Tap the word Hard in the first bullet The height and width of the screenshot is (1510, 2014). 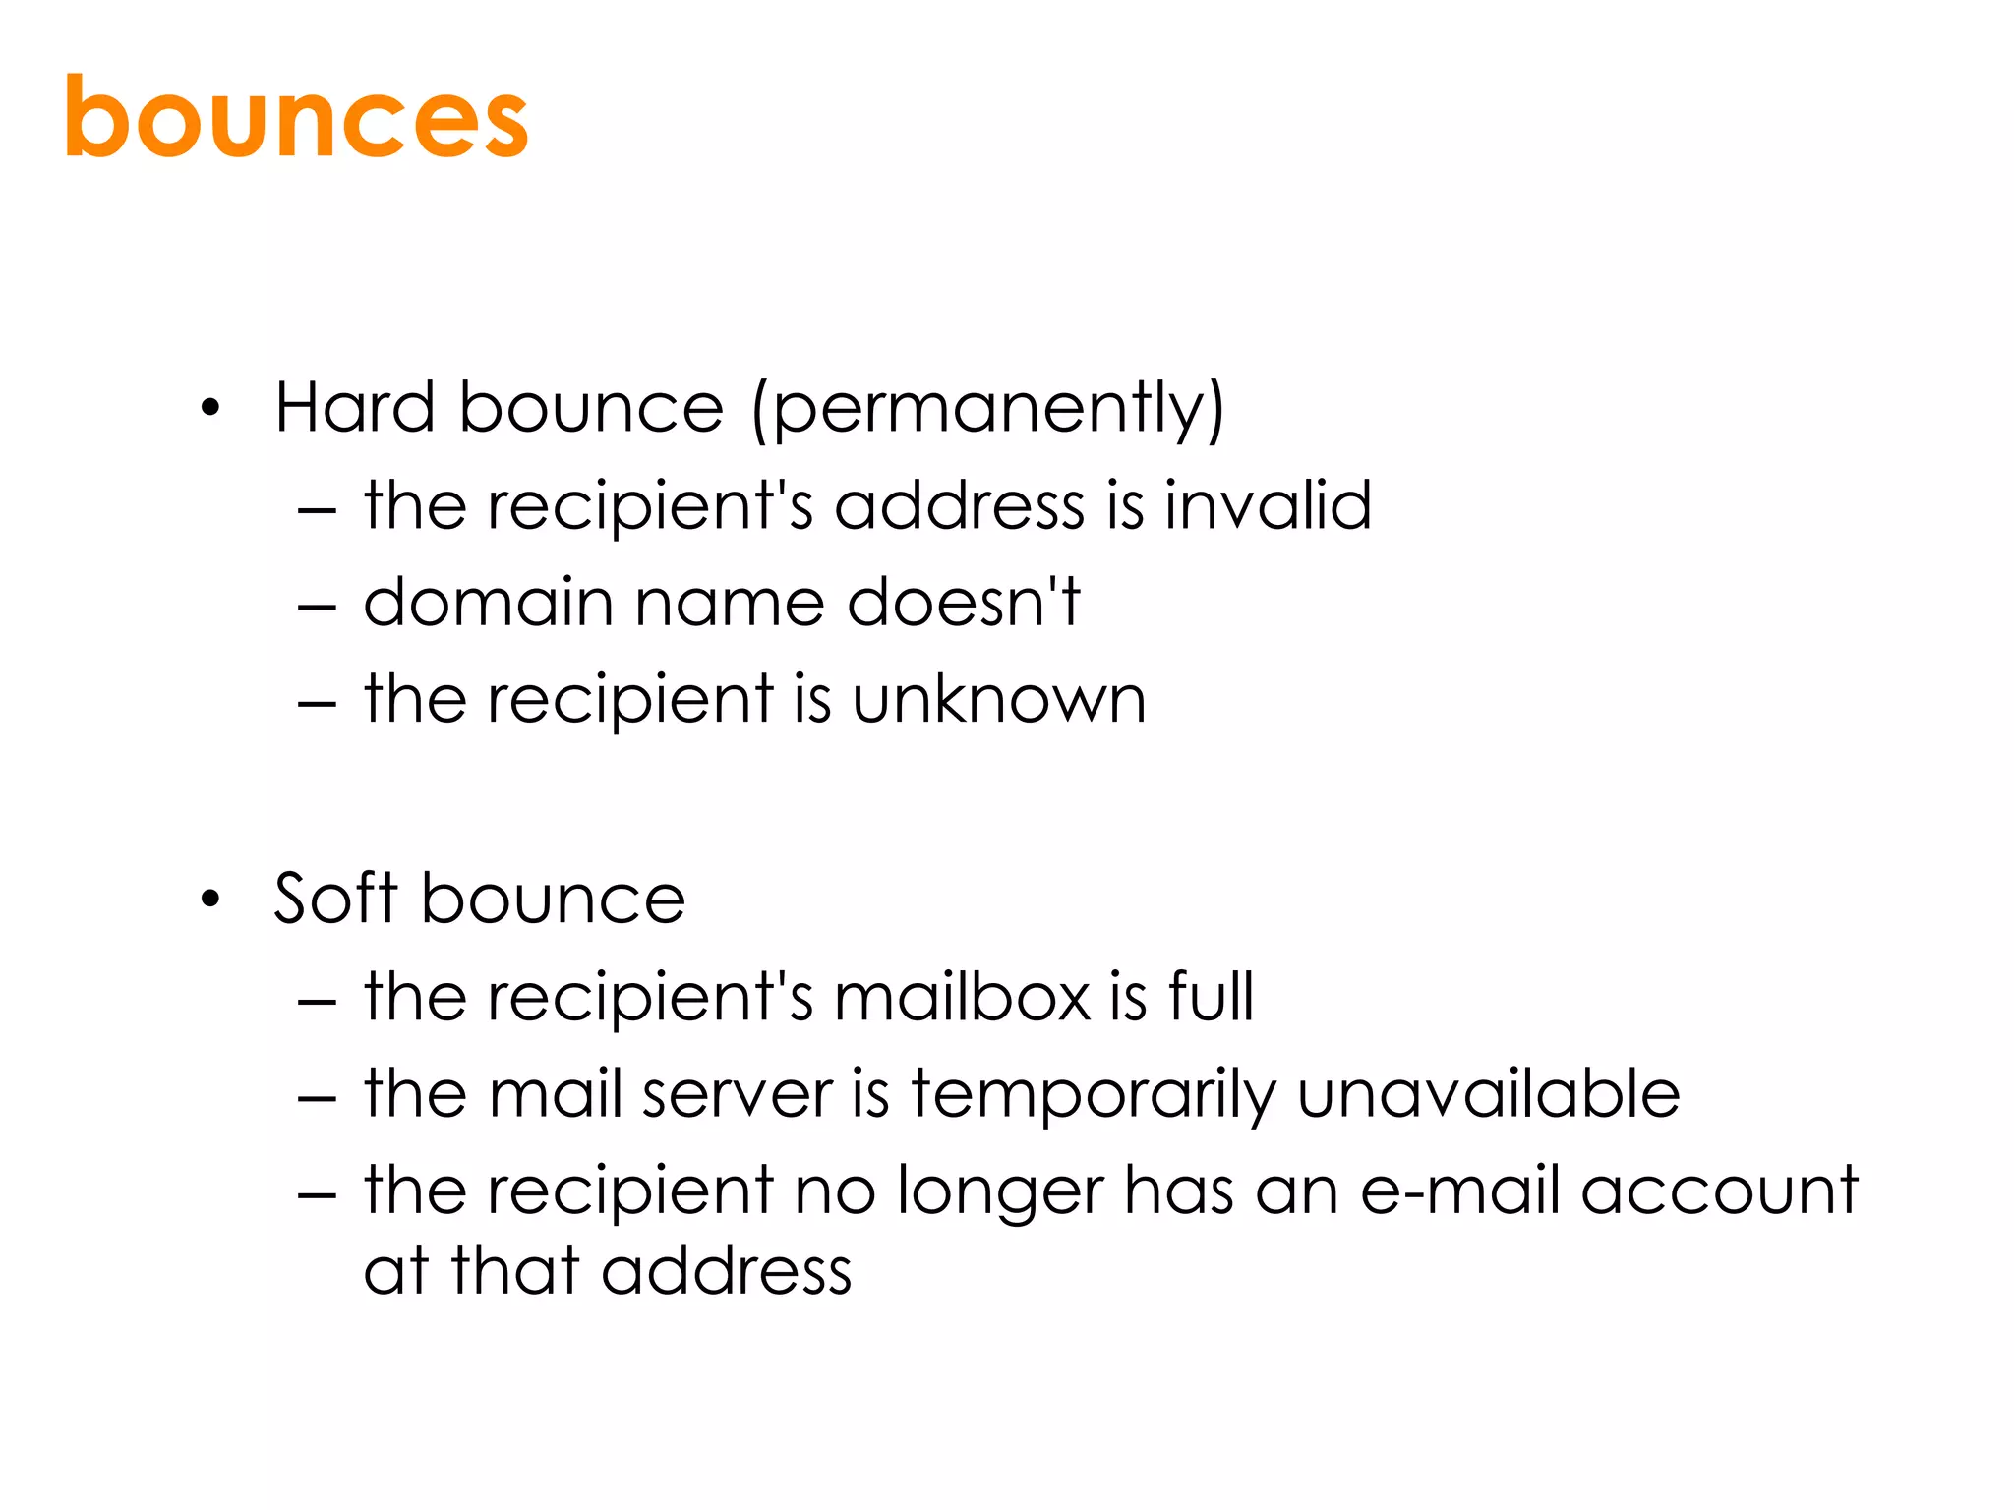pyautogui.click(x=354, y=407)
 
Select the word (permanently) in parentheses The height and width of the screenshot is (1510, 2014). pyautogui.click(x=988, y=409)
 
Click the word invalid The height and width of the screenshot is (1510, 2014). pyautogui.click(x=1268, y=505)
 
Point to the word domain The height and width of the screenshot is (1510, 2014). pyautogui.click(x=488, y=602)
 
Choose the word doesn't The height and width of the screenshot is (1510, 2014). pyautogui.click(x=964, y=602)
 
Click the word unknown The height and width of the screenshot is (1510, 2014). pyautogui.click(x=999, y=700)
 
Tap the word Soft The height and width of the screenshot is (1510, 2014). pyautogui.click(x=335, y=899)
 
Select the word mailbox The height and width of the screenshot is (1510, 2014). pyautogui.click(x=963, y=997)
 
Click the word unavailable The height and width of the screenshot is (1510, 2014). pyautogui.click(x=1489, y=1094)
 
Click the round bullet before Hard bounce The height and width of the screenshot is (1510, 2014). pyautogui.click(x=209, y=408)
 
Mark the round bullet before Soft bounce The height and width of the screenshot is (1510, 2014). pyautogui.click(x=209, y=900)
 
